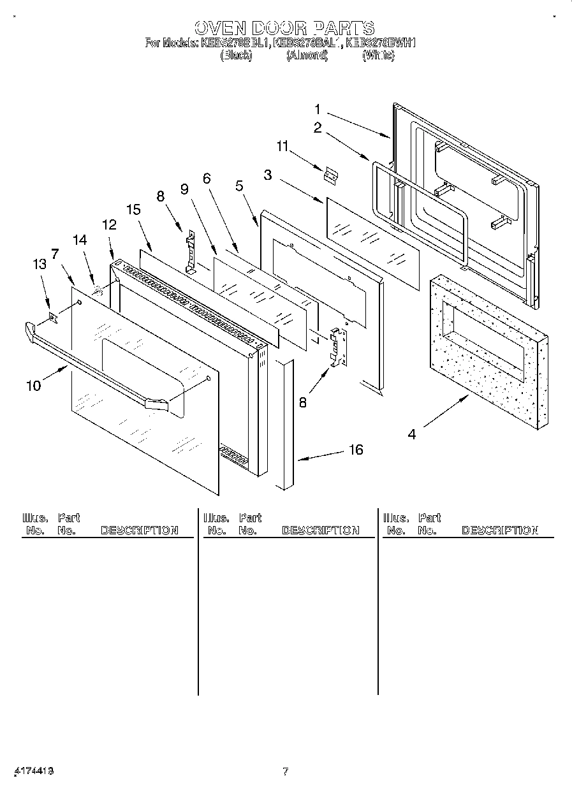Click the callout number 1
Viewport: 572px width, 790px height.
pos(317,109)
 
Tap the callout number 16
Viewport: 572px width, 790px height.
pos(356,450)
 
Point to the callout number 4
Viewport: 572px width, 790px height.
pos(413,435)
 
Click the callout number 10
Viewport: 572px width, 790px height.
pos(33,385)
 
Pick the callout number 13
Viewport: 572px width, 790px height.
pos(40,265)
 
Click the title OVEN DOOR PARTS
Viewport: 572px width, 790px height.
pos(284,28)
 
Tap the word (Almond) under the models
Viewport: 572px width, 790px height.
pos(307,55)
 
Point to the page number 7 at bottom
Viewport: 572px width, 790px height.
pos(285,772)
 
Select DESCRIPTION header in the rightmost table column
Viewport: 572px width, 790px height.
pos(500,530)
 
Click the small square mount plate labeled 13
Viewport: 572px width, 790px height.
pos(53,317)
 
